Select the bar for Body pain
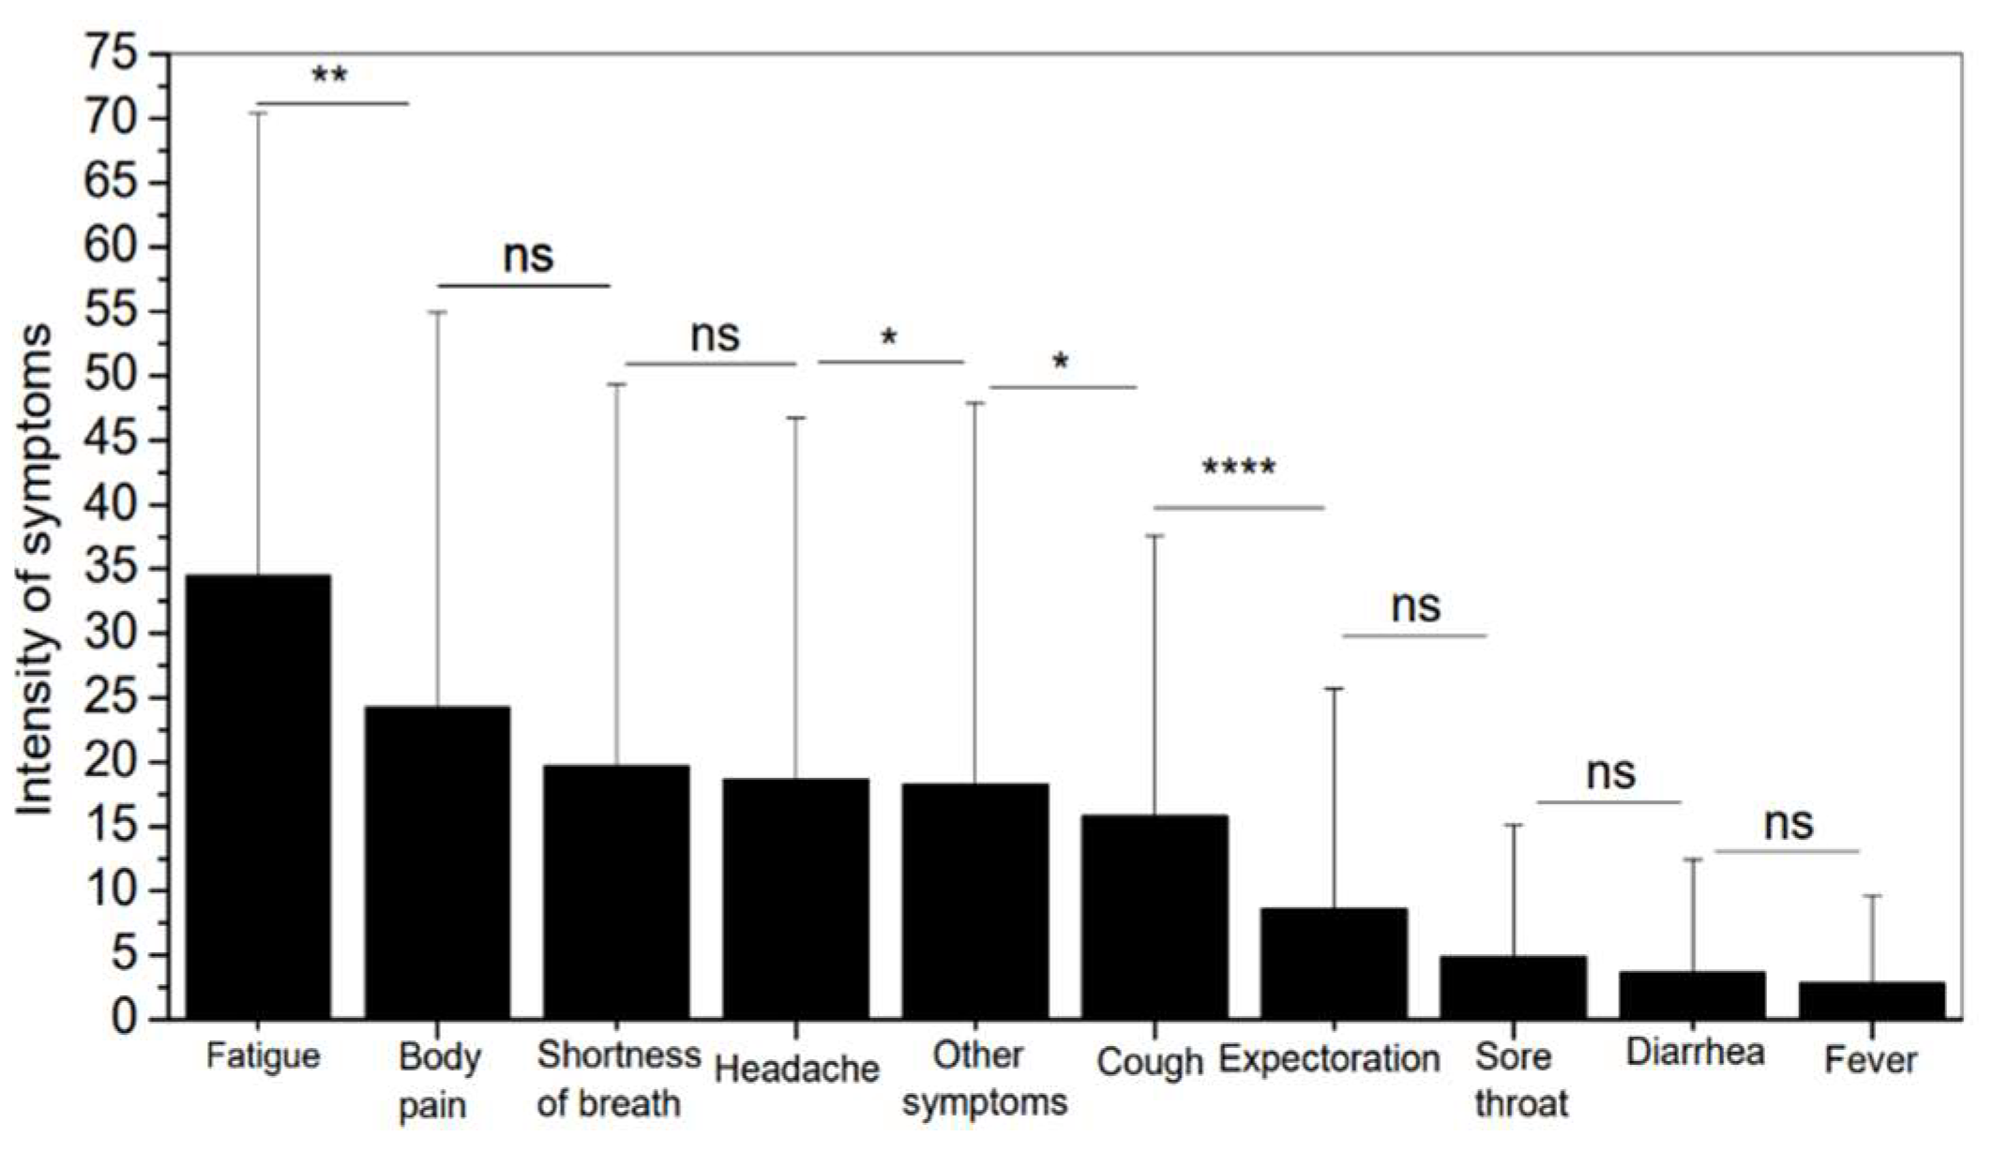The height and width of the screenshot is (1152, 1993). [x=437, y=862]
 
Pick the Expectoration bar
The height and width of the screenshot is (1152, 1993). [x=1334, y=964]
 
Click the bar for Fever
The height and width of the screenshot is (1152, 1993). [x=1872, y=1000]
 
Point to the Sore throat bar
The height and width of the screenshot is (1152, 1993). [x=1513, y=987]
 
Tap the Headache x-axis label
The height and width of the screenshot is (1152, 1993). [x=796, y=1069]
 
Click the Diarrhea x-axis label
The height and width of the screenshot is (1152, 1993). [x=1695, y=1052]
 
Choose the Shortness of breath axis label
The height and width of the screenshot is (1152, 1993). [x=618, y=1079]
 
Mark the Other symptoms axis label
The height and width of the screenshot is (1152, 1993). [x=984, y=1079]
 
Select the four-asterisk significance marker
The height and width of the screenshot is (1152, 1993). [x=1239, y=467]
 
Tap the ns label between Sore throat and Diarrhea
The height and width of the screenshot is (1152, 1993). [x=1610, y=774]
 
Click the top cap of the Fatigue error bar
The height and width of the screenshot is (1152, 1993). [x=258, y=112]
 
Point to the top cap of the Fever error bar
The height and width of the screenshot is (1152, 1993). [x=1872, y=896]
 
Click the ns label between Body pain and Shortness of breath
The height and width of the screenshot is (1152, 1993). [x=528, y=255]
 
